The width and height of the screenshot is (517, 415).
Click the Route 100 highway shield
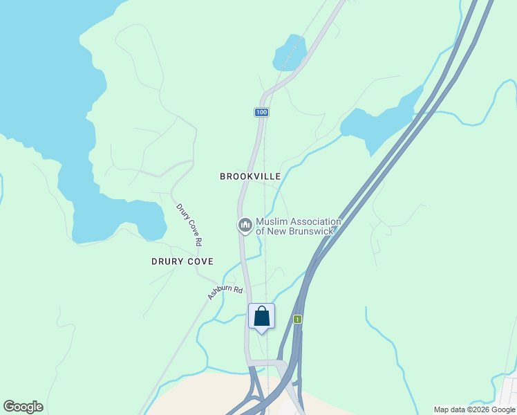pyautogui.click(x=261, y=112)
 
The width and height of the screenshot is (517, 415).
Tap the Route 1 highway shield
pyautogui.click(x=297, y=319)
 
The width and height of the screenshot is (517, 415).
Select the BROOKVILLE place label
pyautogui.click(x=250, y=176)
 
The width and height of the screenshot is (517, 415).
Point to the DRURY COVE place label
pyautogui.click(x=182, y=261)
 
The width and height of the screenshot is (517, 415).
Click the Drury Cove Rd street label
pyautogui.click(x=189, y=225)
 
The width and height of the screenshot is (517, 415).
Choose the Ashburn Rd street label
pyautogui.click(x=226, y=293)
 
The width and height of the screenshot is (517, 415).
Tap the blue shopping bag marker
pyautogui.click(x=262, y=317)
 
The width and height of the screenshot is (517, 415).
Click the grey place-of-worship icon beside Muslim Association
pyautogui.click(x=245, y=225)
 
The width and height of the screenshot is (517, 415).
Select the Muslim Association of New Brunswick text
pyautogui.click(x=298, y=226)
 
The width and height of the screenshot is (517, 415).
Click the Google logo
pyautogui.click(x=23, y=407)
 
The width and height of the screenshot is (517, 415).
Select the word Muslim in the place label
pyautogui.click(x=272, y=222)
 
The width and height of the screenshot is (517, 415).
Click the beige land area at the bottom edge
pyautogui.click(x=200, y=398)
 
